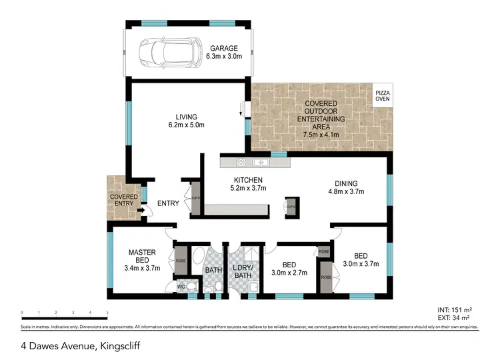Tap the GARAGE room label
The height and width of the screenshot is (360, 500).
pyautogui.click(x=225, y=49)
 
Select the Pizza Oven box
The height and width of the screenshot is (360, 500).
pyautogui.click(x=382, y=95)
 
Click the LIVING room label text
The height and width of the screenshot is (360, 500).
pyautogui.click(x=185, y=117)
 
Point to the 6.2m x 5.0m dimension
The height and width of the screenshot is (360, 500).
pyautogui.click(x=185, y=125)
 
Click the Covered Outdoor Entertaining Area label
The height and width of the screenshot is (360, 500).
pyautogui.click(x=321, y=119)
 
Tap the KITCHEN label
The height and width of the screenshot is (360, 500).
pyautogui.click(x=248, y=180)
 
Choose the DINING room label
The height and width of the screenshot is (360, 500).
pyautogui.click(x=347, y=184)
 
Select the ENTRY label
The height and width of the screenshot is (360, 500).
pyautogui.click(x=168, y=203)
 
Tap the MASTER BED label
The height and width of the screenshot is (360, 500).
pyautogui.click(x=142, y=256)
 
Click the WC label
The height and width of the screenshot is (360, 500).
pyautogui.click(x=180, y=287)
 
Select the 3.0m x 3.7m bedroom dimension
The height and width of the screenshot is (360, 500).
pyautogui.click(x=361, y=263)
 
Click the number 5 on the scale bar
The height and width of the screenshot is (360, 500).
pyautogui.click(x=107, y=312)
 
